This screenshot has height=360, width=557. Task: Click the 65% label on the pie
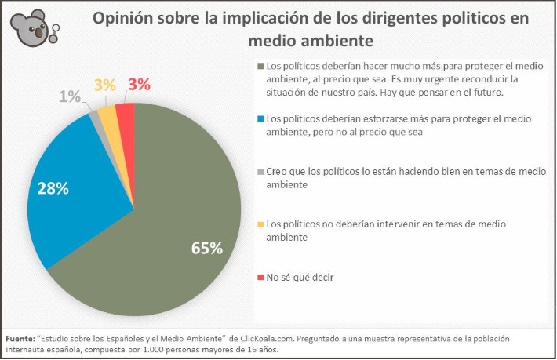click(207, 247)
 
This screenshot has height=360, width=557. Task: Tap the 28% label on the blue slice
click(52, 189)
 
